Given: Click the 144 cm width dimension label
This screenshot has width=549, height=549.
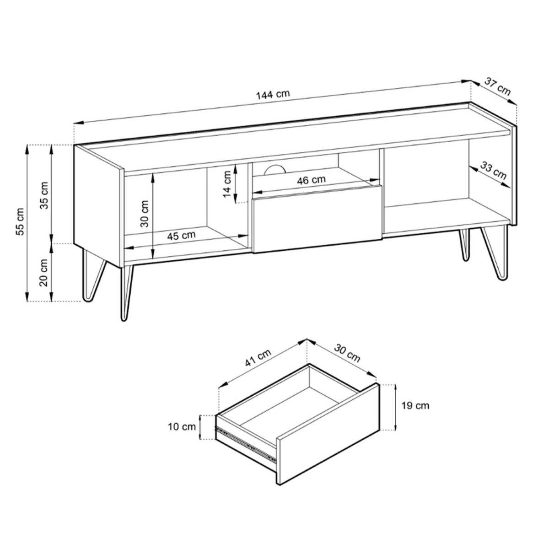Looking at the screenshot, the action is point(273,94).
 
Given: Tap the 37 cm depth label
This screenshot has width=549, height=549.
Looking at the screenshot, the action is point(497,86).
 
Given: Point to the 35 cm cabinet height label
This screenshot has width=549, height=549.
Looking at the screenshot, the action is point(45,195).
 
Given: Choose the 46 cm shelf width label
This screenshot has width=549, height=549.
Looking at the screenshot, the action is point(311,180).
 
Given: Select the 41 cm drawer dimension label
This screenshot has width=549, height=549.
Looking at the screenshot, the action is point(258,358).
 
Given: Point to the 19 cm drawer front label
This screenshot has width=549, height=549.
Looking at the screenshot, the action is point(415,405).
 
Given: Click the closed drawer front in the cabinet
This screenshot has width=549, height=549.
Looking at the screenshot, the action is point(317,219).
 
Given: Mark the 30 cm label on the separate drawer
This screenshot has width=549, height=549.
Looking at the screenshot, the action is point(347,354).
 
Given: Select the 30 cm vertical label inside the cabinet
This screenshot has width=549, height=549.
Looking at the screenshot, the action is point(145,213).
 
